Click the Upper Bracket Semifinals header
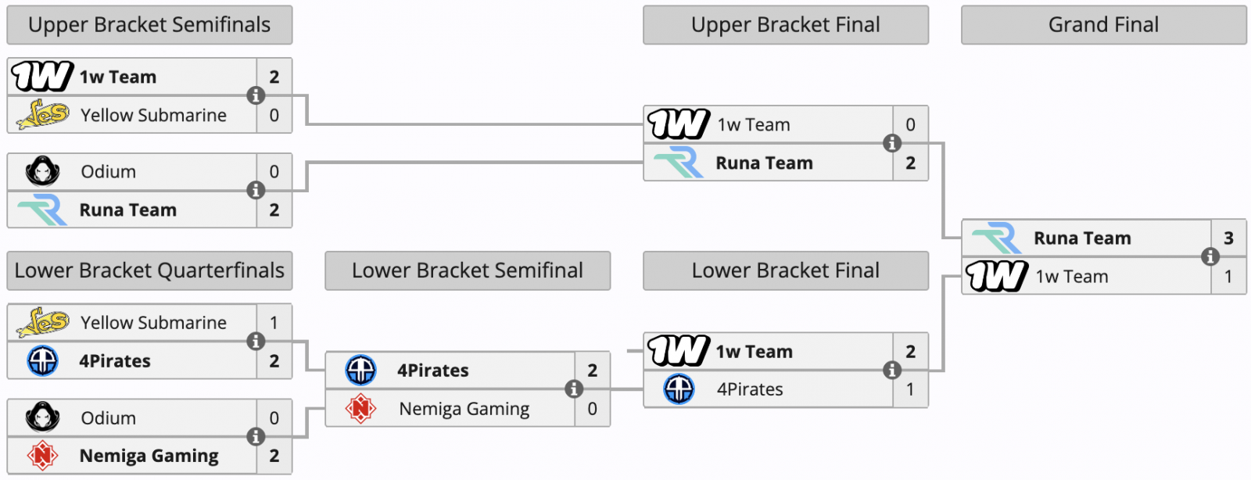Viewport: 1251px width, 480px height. point(149,25)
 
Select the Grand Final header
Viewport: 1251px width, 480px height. point(1103,25)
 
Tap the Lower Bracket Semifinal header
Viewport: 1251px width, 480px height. point(468,270)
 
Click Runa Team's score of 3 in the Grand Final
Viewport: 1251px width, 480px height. point(1228,238)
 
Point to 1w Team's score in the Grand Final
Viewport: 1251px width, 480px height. point(1228,276)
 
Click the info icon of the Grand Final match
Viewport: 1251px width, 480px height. point(1210,256)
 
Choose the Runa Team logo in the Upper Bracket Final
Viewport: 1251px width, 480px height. point(678,162)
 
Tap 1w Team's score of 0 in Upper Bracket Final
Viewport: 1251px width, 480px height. point(910,124)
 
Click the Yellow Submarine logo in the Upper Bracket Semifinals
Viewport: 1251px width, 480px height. point(43,114)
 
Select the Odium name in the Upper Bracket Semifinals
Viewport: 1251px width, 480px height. point(109,171)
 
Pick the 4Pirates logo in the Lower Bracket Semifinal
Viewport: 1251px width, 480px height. point(360,370)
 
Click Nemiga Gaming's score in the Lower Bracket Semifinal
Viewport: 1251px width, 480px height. point(593,409)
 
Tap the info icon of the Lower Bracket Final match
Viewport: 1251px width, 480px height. point(892,370)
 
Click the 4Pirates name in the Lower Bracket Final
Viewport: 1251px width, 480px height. point(750,389)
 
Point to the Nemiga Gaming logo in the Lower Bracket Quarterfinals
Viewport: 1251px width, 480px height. point(42,456)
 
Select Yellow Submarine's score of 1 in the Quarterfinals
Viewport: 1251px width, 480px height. point(274,323)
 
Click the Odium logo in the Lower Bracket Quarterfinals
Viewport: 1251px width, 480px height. point(42,417)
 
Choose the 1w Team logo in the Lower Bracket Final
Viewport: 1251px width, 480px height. point(679,350)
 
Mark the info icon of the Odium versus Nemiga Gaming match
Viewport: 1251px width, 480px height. point(256,436)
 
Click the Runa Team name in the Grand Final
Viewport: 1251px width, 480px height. point(1082,238)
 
